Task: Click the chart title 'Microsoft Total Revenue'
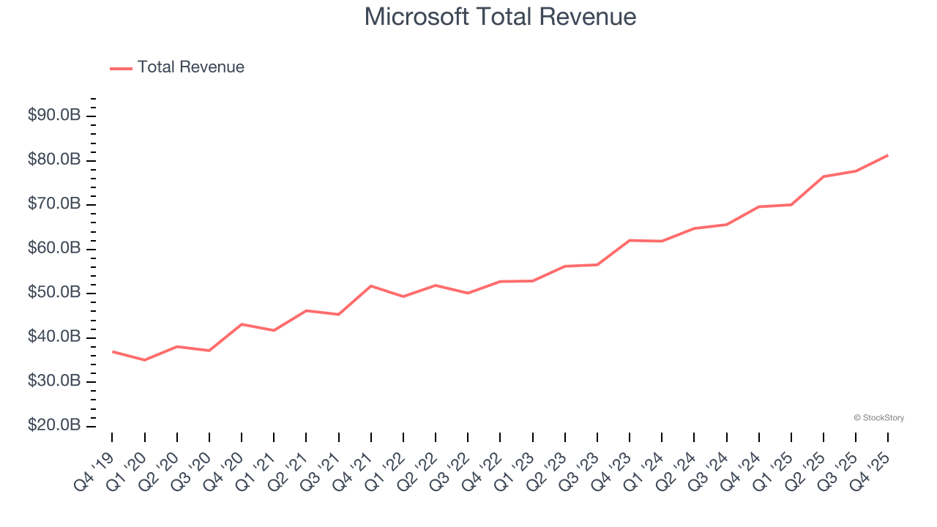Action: [500, 16]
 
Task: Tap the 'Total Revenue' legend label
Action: [190, 67]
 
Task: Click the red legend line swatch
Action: [121, 68]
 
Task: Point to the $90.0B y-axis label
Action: [54, 116]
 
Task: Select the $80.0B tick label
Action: [54, 160]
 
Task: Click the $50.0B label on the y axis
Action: [54, 293]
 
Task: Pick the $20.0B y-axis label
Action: [54, 425]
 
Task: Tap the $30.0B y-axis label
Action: [54, 381]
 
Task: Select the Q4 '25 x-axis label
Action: [871, 470]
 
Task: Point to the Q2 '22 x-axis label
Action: [419, 470]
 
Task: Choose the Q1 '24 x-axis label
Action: [645, 470]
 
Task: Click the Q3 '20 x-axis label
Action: [193, 470]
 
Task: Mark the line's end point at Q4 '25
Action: [888, 155]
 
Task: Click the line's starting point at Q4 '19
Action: [112, 351]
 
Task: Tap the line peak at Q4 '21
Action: [371, 285]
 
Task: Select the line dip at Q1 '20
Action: [144, 360]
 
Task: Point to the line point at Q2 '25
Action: [824, 176]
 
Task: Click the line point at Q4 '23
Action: [630, 240]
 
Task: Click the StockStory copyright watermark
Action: [878, 418]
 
